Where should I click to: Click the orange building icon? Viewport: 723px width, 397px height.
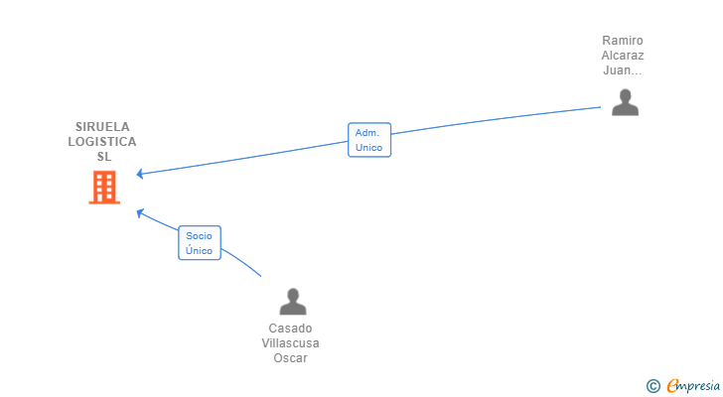[x=104, y=187]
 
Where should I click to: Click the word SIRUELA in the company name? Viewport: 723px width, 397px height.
[x=102, y=127]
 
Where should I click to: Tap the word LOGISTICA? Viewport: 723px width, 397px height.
[x=102, y=142]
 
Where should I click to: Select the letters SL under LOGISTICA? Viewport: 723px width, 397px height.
[x=103, y=157]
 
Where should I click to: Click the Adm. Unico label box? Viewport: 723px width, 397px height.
[x=368, y=140]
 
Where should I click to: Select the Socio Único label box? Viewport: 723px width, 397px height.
[x=200, y=243]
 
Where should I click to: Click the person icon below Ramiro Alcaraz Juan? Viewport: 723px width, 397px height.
[x=625, y=102]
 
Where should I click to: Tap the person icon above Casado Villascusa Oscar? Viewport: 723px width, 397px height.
[x=292, y=302]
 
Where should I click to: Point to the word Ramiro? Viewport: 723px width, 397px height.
[x=623, y=41]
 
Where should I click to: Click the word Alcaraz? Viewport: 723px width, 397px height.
[x=623, y=56]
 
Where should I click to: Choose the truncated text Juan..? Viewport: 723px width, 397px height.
[x=623, y=70]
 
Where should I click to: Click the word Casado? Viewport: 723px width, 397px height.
[x=290, y=329]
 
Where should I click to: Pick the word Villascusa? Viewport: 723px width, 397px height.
[x=290, y=343]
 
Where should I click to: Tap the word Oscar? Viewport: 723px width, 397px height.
[x=290, y=358]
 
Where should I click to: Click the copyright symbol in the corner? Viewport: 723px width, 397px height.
[x=652, y=385]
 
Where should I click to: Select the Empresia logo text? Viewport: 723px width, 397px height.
[x=691, y=385]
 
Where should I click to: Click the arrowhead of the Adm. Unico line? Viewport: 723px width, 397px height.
[x=139, y=175]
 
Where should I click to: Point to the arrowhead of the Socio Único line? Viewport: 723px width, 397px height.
[x=139, y=211]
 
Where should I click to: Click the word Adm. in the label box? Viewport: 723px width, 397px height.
[x=368, y=133]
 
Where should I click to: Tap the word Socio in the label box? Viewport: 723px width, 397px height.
[x=200, y=236]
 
